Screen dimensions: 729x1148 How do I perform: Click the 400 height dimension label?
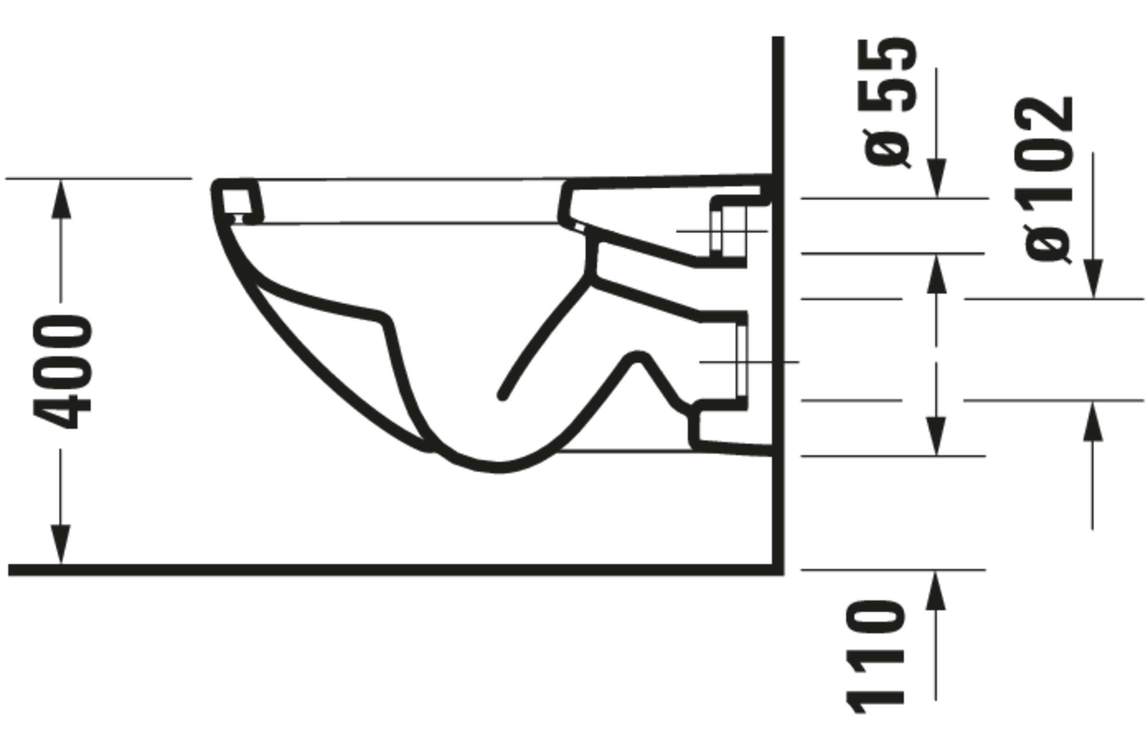[62, 372]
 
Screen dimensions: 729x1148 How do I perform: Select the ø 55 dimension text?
[887, 103]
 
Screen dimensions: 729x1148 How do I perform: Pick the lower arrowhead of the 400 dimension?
[60, 543]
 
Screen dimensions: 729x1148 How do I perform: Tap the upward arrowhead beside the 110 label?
[935, 591]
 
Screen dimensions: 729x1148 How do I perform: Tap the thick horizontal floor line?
[382, 570]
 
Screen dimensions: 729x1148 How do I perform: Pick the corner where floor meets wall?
[778, 570]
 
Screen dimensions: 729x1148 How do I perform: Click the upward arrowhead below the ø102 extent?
[1093, 422]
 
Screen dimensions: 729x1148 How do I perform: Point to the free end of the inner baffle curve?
[502, 396]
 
